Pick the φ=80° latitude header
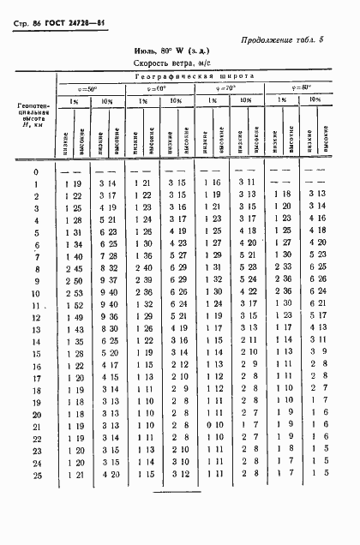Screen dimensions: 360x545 pos(301,87)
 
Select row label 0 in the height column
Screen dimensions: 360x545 pos(36,171)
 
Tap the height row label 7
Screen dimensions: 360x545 pos(36,256)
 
